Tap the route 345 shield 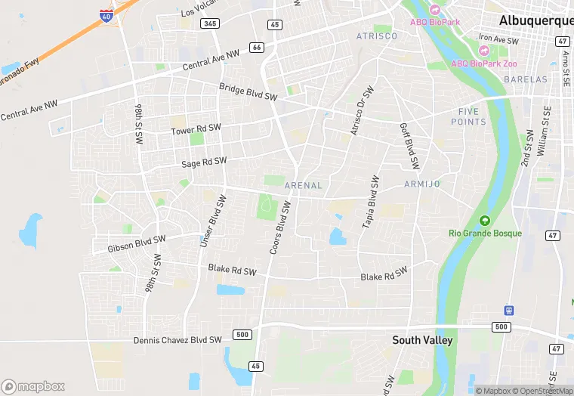point(210,24)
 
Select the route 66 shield point(257,48)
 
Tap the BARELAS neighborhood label point(527,79)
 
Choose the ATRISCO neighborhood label point(376,36)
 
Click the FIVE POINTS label point(468,116)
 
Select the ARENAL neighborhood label point(304,185)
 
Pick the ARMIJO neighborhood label point(421,184)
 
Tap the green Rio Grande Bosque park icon point(484,220)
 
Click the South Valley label point(422,341)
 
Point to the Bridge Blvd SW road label point(248,92)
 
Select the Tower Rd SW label point(196,131)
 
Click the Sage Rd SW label point(204,162)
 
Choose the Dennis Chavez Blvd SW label point(177,340)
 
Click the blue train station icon point(509,310)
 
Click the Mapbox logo point(33,386)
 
